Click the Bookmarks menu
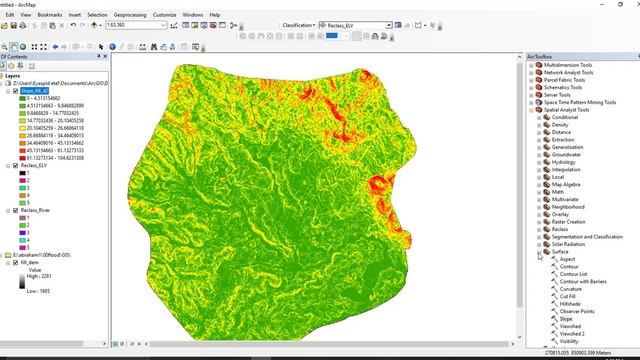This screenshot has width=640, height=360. (50, 16)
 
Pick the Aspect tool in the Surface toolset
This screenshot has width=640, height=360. (568, 259)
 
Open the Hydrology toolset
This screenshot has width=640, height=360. (564, 162)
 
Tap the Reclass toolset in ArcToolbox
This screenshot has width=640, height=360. (560, 229)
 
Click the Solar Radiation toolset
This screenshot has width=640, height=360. (569, 244)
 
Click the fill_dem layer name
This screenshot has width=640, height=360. (30, 262)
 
